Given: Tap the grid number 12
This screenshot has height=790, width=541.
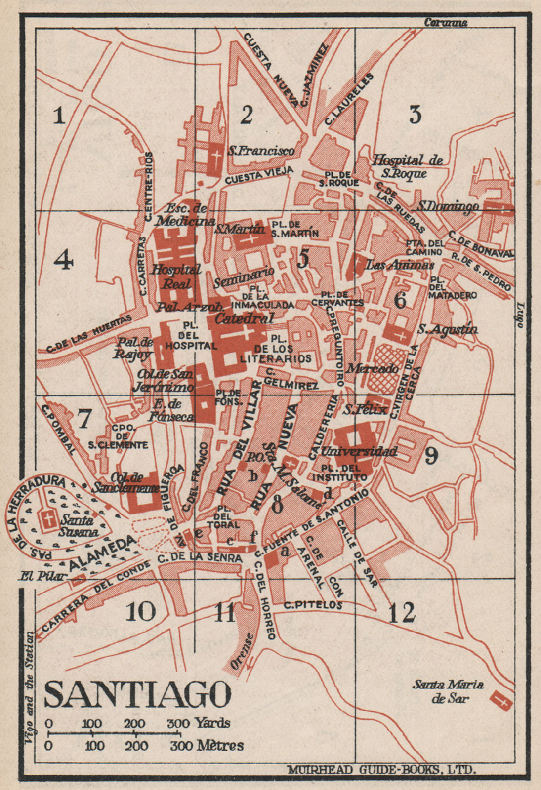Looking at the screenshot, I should coord(402,613).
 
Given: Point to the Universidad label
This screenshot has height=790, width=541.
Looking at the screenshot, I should coord(359,451).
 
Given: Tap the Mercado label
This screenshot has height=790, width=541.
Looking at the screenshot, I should coord(372,368).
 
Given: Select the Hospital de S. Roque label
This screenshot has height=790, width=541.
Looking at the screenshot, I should coord(407,166).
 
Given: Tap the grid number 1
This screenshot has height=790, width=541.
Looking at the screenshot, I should coord(59,117).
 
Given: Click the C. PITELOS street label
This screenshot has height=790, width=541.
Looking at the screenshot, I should coord(313,604).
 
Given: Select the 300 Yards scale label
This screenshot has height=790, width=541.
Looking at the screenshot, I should coord(199,723).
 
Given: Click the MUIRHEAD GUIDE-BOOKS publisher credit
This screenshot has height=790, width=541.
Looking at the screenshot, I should coord(381,769).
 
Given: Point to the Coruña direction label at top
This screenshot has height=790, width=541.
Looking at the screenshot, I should coord(446,22).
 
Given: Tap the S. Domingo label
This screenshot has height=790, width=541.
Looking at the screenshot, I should coord(448,206).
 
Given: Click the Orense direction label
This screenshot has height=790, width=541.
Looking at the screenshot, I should coord(242,649).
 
